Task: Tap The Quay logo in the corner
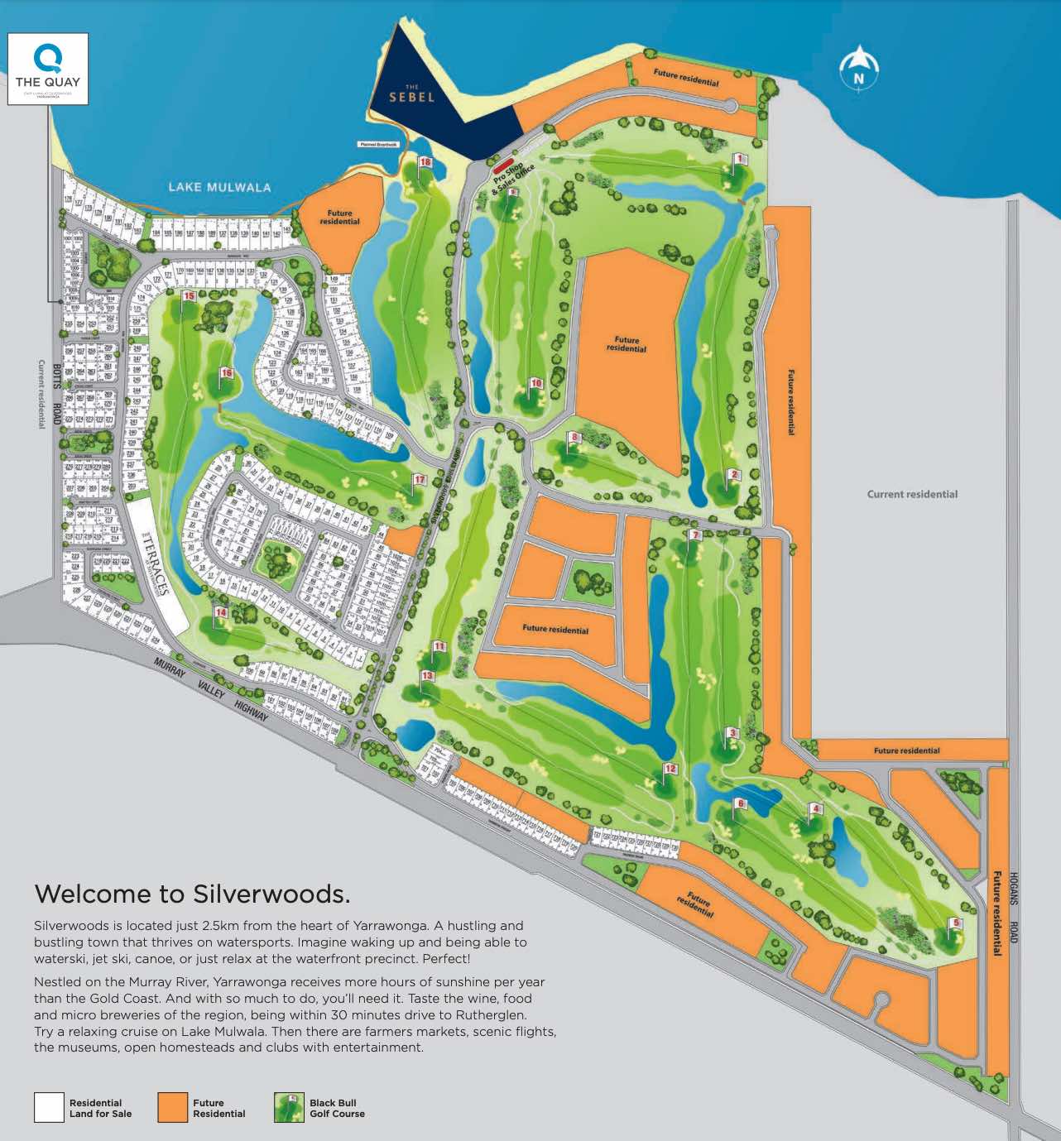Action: pyautogui.click(x=48, y=69)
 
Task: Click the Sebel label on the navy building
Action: pyautogui.click(x=412, y=95)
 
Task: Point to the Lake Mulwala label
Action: pyautogui.click(x=219, y=187)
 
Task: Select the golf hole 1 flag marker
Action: pyautogui.click(x=739, y=159)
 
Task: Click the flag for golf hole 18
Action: pyautogui.click(x=425, y=163)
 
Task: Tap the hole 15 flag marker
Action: pyautogui.click(x=189, y=296)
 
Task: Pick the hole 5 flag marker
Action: pyautogui.click(x=956, y=923)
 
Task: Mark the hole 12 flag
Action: pyautogui.click(x=670, y=769)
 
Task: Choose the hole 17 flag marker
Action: pyautogui.click(x=419, y=481)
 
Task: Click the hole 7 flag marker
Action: pyautogui.click(x=695, y=536)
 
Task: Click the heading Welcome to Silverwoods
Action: pyautogui.click(x=192, y=894)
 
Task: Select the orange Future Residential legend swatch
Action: pyautogui.click(x=172, y=1108)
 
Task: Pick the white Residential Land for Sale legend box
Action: pyautogui.click(x=49, y=1108)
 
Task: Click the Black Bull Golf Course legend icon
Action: pyautogui.click(x=289, y=1108)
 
